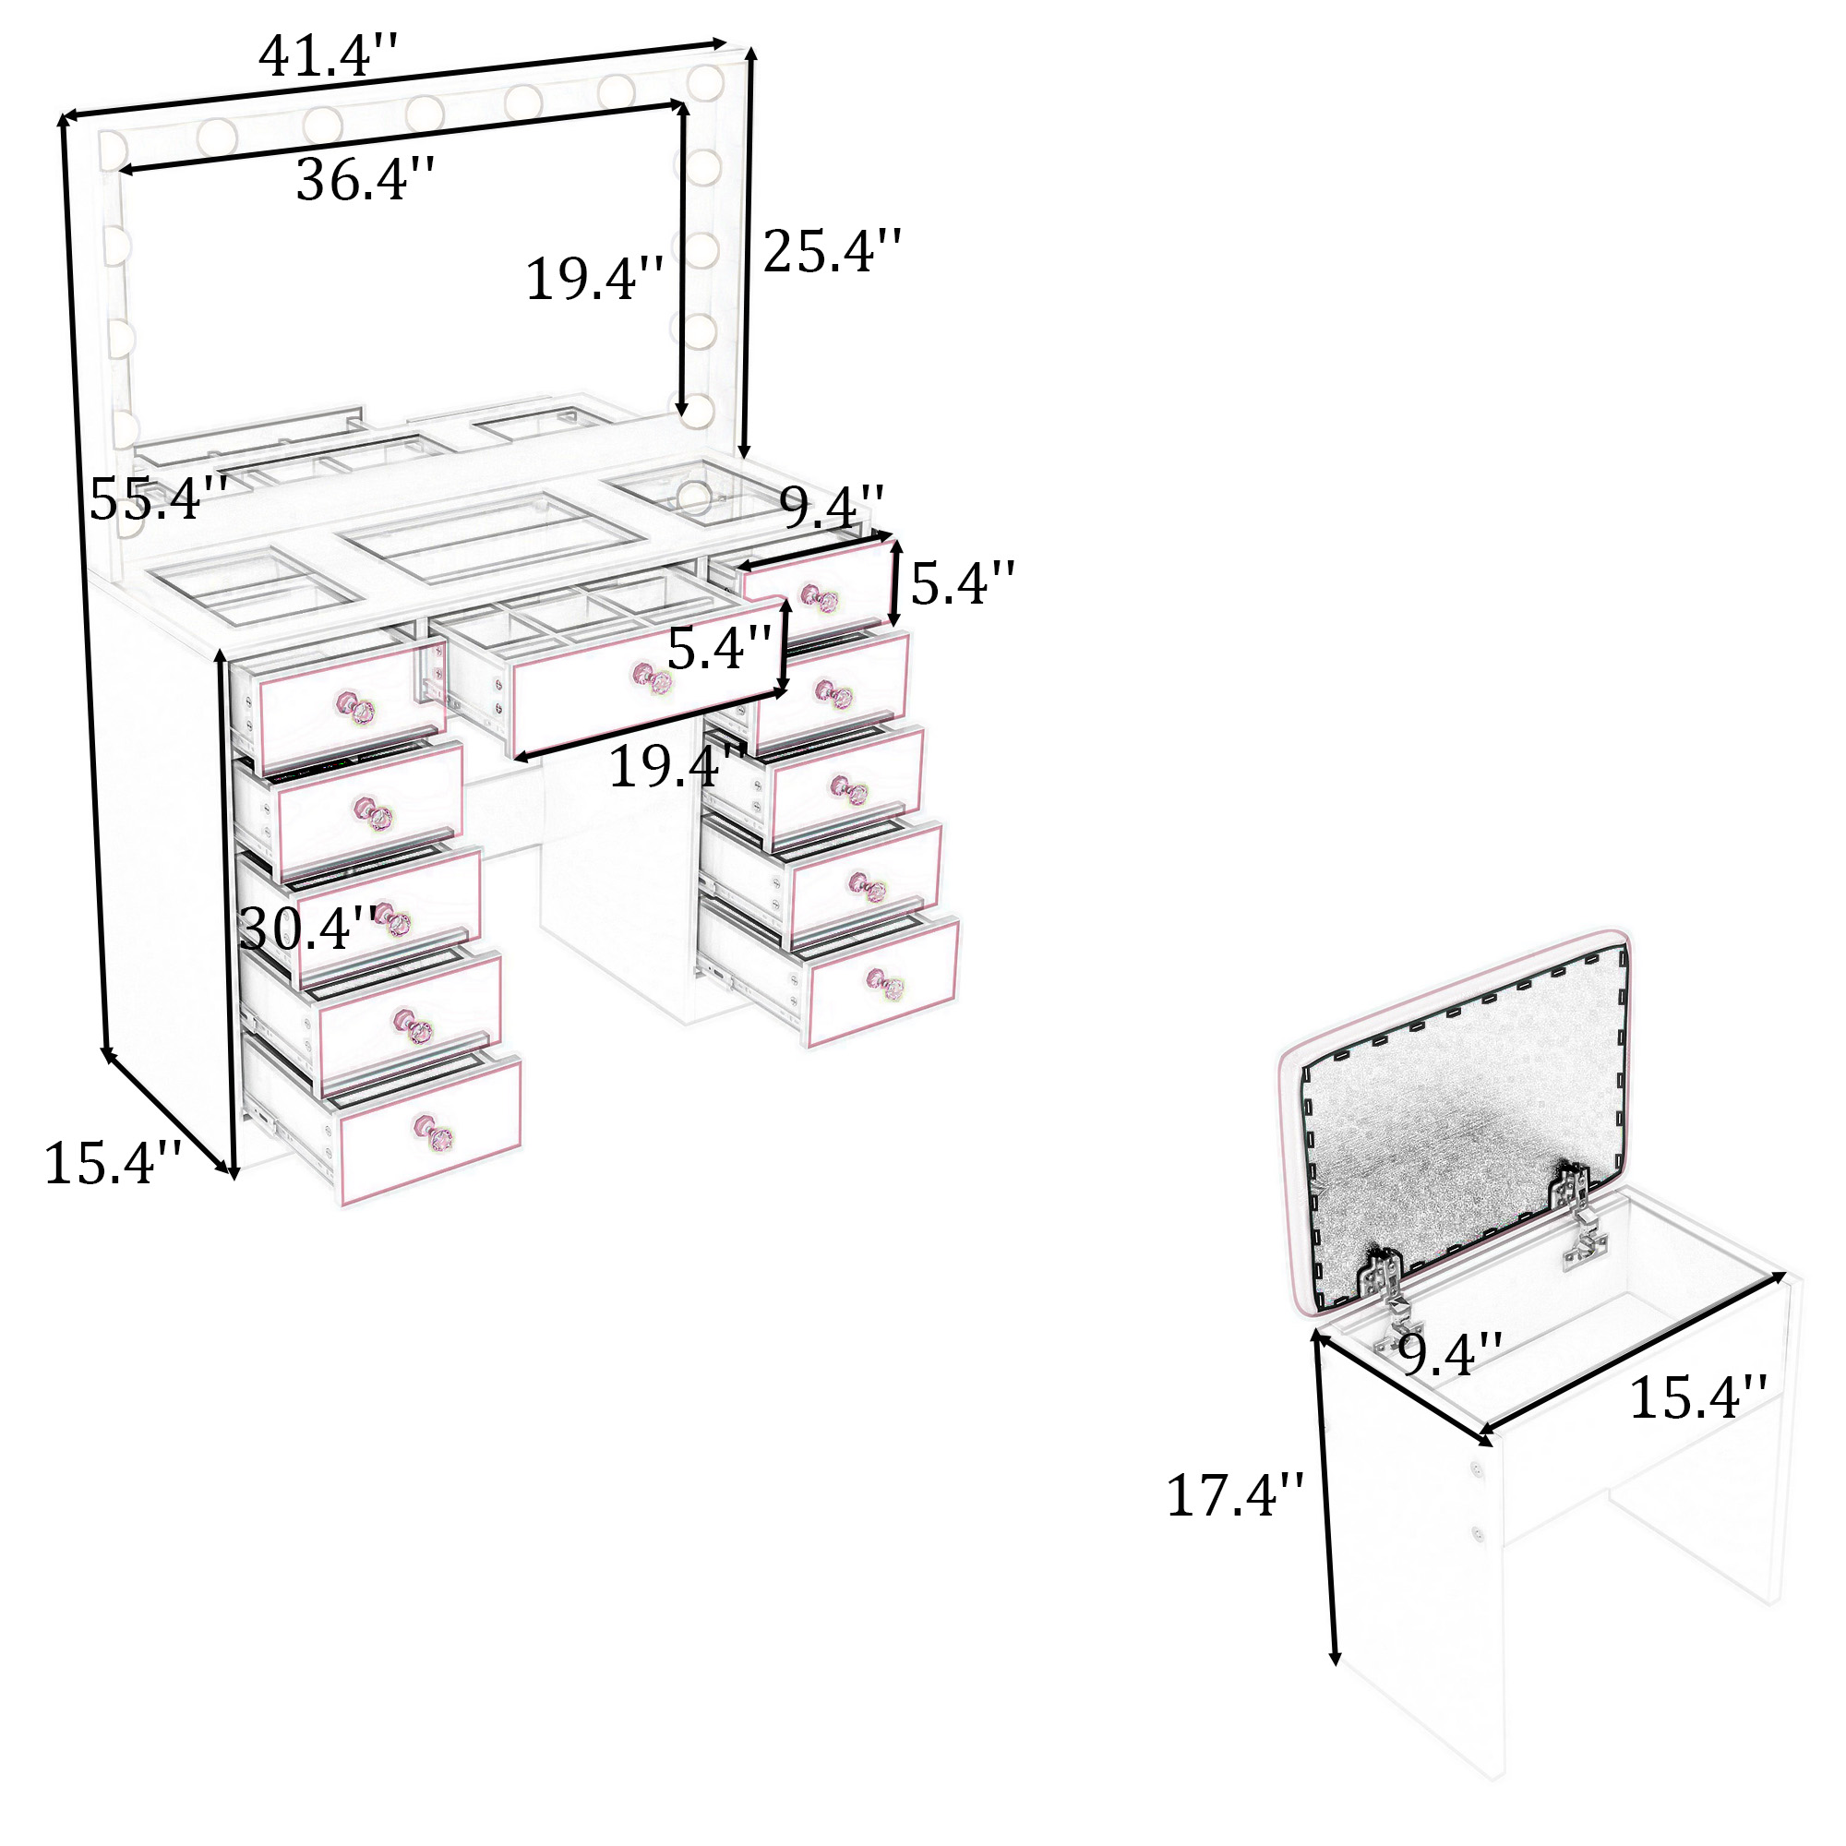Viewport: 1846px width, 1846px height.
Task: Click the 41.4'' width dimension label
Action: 327,54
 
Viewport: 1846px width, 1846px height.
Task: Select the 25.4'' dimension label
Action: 832,251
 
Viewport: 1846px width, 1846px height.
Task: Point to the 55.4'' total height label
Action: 159,497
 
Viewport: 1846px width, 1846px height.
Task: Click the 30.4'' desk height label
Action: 307,927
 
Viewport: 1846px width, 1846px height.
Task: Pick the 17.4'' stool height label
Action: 1234,1495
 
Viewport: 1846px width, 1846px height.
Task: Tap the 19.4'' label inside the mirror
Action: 594,279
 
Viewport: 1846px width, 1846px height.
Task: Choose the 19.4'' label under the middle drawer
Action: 677,766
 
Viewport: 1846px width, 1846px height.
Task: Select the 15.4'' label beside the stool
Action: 1698,1396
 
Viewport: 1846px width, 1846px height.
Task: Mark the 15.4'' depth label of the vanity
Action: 113,1164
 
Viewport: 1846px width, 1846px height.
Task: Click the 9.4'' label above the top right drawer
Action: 833,507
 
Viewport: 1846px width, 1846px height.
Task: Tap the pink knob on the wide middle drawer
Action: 651,679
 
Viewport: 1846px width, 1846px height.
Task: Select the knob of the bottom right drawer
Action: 885,984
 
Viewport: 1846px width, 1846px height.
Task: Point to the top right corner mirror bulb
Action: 705,82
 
